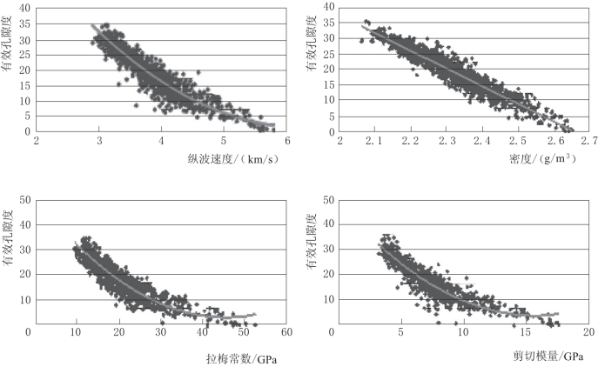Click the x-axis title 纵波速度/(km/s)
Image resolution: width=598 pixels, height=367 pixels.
pos(225,159)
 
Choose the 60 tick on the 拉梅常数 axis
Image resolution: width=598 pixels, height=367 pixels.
pos(286,332)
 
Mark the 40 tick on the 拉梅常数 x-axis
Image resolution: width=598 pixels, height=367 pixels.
pos(200,332)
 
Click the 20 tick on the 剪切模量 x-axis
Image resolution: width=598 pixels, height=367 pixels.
pos(588,332)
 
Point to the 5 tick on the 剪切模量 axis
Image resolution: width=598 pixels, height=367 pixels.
pos(400,332)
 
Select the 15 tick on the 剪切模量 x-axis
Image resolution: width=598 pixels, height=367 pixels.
pos(526,332)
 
